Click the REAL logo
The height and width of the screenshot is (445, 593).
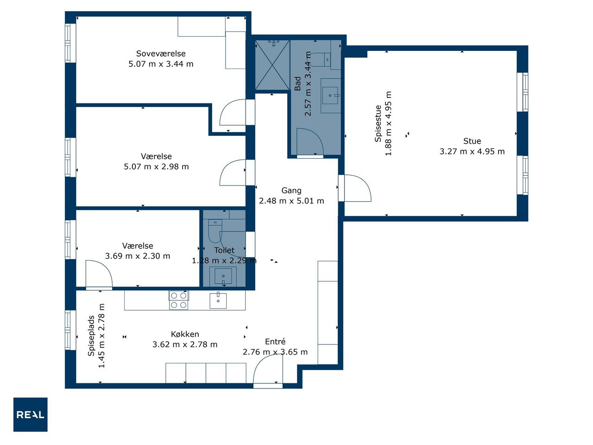tap(30, 414)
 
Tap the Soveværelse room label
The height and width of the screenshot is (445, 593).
tap(161, 53)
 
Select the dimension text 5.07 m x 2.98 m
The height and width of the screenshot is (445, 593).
tap(156, 166)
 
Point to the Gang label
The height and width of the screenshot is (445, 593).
tap(291, 191)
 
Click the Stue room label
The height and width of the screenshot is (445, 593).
tap(472, 141)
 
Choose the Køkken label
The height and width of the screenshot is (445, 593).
tap(185, 334)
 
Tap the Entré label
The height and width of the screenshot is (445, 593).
tap(275, 342)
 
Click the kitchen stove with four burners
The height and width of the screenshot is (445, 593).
tap(178, 300)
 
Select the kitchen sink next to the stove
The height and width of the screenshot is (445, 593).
tap(218, 300)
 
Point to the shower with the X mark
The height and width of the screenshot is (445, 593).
tap(272, 65)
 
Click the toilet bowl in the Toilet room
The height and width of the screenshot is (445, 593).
tap(215, 231)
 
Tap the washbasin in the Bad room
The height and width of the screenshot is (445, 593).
tap(330, 95)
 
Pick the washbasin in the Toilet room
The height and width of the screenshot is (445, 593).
tap(223, 276)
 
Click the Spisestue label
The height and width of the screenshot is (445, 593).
tap(378, 123)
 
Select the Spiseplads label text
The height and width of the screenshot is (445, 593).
tap(91, 336)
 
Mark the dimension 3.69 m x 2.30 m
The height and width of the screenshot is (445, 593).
tap(138, 256)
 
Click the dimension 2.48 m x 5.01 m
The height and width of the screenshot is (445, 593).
tap(291, 201)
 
